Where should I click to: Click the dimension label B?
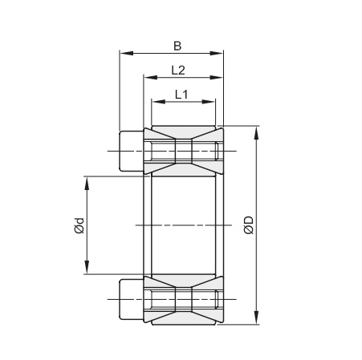click(177, 46)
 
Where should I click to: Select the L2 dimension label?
click(178, 71)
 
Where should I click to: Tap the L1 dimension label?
click(181, 95)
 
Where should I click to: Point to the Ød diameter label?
click(79, 226)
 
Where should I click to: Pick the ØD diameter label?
click(249, 225)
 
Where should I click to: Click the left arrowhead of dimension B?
click(126, 53)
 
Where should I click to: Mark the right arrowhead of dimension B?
click(216, 53)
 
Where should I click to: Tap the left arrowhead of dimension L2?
click(150, 78)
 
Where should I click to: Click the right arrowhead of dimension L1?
click(209, 102)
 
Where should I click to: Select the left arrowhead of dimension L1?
click(158, 102)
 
